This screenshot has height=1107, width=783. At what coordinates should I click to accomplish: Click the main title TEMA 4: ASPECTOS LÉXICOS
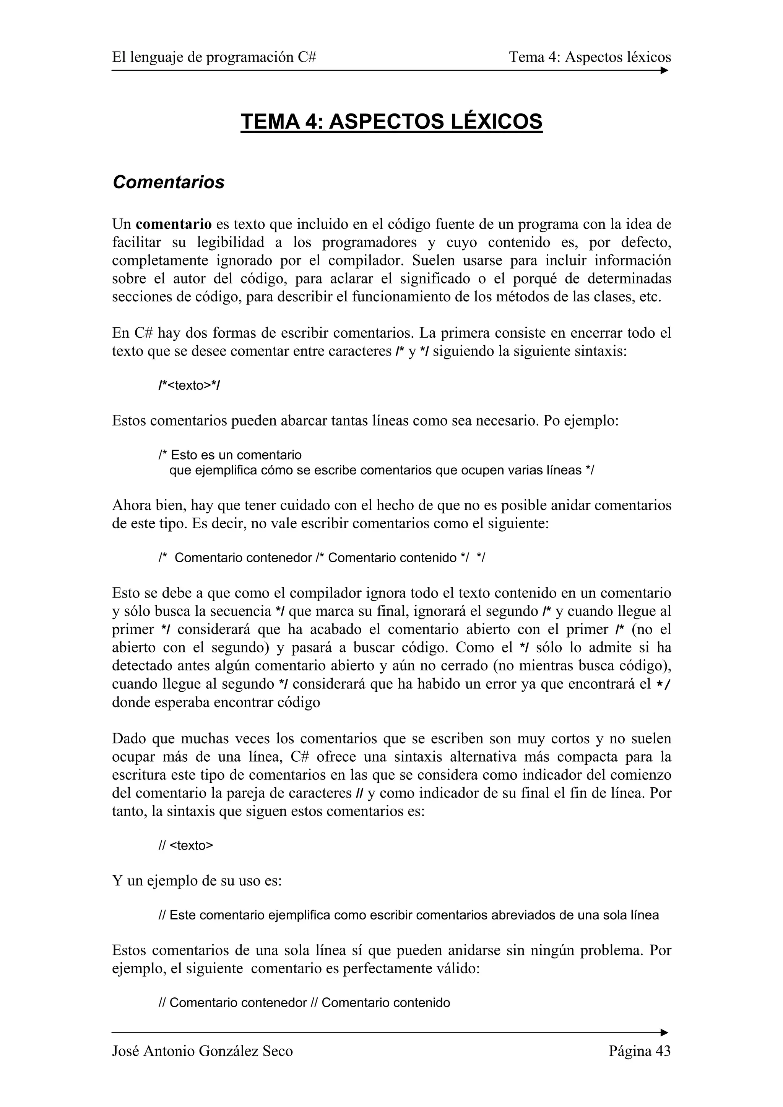click(391, 121)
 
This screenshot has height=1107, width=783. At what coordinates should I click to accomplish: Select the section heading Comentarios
click(168, 182)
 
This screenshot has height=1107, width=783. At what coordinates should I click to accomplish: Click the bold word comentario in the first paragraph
click(174, 224)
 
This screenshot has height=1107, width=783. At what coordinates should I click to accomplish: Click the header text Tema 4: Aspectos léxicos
click(590, 57)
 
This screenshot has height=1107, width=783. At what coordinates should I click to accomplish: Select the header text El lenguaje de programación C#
click(214, 57)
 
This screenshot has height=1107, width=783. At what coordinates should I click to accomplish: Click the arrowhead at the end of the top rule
click(664, 70)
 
